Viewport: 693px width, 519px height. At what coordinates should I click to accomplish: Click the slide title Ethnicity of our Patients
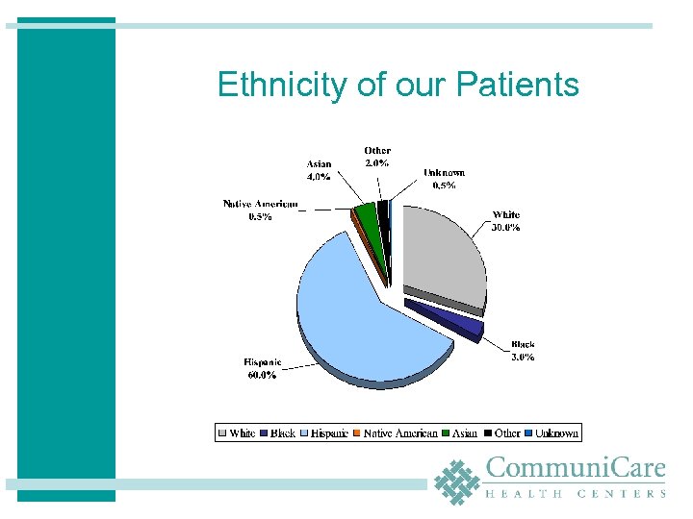point(398,85)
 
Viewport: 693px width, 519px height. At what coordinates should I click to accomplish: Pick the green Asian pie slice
point(366,219)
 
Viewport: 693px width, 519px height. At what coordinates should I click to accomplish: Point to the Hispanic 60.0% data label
point(263,369)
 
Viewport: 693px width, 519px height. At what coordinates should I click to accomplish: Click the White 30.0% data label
point(505,221)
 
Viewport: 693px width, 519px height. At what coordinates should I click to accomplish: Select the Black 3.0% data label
point(523,350)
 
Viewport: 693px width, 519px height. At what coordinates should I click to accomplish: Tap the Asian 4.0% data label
point(319,170)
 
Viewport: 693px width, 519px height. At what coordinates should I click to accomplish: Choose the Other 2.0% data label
point(377,157)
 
